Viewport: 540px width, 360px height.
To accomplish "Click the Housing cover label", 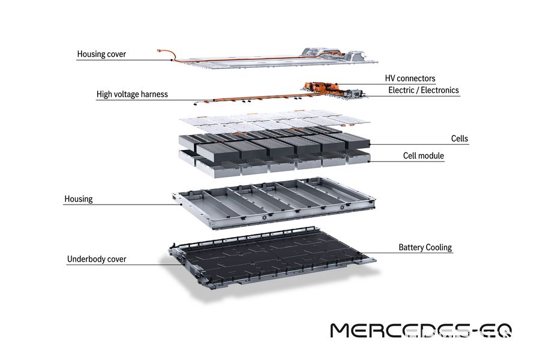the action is (101, 54).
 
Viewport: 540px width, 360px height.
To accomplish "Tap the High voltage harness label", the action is (132, 94).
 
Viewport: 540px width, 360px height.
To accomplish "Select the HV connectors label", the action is (410, 79).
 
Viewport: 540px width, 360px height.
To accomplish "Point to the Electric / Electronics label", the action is (424, 90).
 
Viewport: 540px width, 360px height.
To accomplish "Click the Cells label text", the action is (460, 139).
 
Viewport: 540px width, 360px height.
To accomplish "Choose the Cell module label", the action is (423, 156).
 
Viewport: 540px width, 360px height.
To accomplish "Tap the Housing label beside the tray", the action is (79, 199).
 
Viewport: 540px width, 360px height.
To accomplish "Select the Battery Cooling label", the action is (425, 247).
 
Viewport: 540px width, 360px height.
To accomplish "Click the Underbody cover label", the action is (97, 259).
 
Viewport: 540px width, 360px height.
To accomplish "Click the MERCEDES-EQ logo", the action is (421, 331).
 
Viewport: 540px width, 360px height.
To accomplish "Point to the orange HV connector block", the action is (321, 86).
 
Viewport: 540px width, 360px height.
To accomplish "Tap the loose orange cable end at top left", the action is (159, 50).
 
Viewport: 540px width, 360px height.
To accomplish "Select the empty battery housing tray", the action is (274, 203).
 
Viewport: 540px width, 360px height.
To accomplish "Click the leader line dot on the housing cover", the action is (172, 60).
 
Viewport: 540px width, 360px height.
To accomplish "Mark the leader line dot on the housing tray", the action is (181, 204).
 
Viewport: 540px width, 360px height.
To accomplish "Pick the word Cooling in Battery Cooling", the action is (439, 247).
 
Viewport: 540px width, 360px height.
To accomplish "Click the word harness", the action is (154, 94).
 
